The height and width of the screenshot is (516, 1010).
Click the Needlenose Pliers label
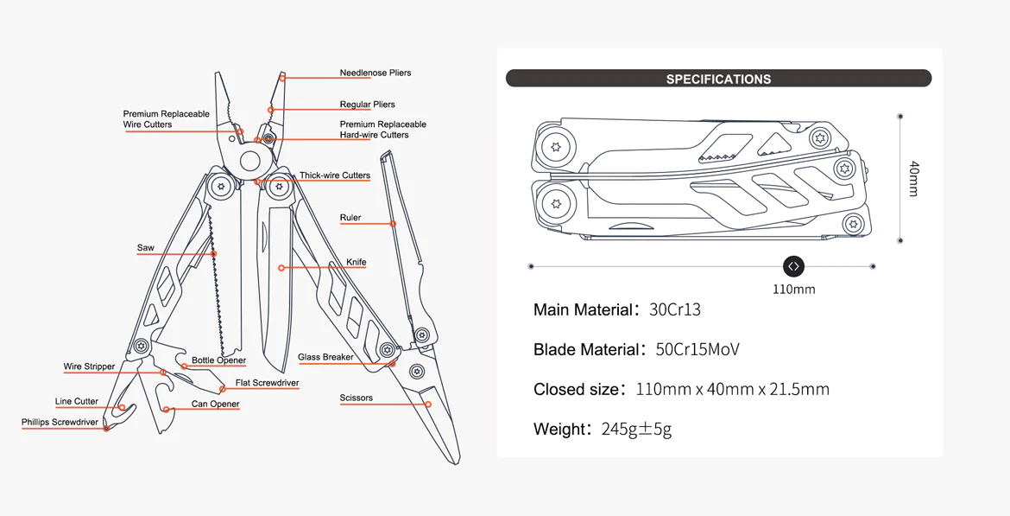pyautogui.click(x=375, y=73)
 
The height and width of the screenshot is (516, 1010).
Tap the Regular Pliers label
pyautogui.click(x=367, y=105)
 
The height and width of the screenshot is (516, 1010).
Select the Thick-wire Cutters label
pyautogui.click(x=335, y=175)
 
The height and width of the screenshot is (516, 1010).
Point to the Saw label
pyautogui.click(x=145, y=248)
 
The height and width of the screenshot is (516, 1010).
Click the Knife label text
pyautogui.click(x=357, y=262)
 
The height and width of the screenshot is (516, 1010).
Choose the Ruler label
pyautogui.click(x=350, y=218)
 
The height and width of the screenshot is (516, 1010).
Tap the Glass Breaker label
pyautogui.click(x=325, y=357)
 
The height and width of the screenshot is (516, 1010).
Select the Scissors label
pyautogui.click(x=357, y=398)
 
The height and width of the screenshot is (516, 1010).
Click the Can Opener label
pyautogui.click(x=216, y=404)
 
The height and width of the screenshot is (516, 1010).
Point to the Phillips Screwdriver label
pyautogui.click(x=60, y=423)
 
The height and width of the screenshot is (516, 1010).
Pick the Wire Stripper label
pyautogui.click(x=89, y=366)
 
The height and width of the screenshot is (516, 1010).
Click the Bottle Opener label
pyautogui.click(x=218, y=360)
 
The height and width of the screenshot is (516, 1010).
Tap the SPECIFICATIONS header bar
pyautogui.click(x=718, y=79)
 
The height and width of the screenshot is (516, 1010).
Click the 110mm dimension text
pyautogui.click(x=793, y=290)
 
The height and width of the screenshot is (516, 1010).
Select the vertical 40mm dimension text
pyautogui.click(x=913, y=178)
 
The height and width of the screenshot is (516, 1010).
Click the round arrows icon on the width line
pyautogui.click(x=793, y=266)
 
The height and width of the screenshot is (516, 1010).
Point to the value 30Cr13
pyautogui.click(x=675, y=309)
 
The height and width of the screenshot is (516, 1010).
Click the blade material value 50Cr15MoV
pyautogui.click(x=698, y=349)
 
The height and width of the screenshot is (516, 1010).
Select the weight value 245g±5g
pyautogui.click(x=636, y=429)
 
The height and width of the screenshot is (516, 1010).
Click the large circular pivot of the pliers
pyautogui.click(x=250, y=161)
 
